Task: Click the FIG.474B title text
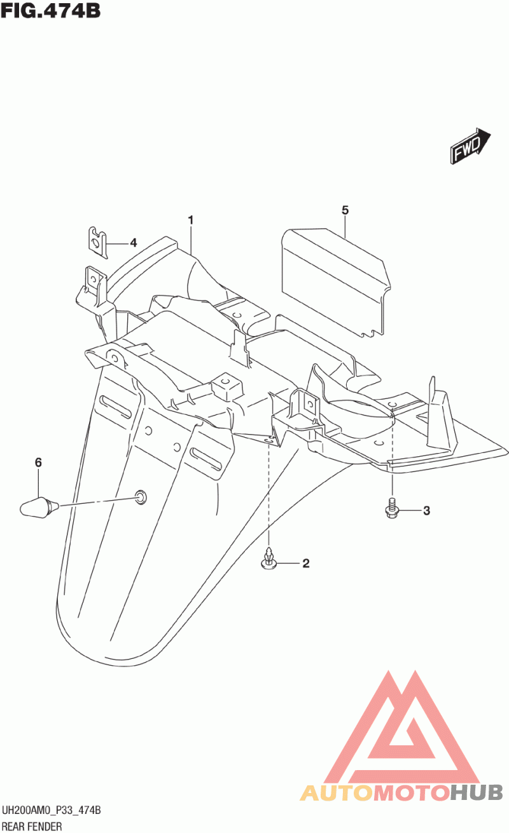(51, 11)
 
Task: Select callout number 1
(190, 220)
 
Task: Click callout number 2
(305, 563)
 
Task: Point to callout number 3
(426, 510)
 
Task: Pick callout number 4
(134, 242)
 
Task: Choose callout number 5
(345, 210)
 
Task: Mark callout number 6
(38, 463)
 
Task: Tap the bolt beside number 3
(392, 508)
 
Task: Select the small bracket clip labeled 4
(96, 240)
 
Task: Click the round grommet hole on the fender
(140, 496)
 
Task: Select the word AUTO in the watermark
(336, 792)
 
